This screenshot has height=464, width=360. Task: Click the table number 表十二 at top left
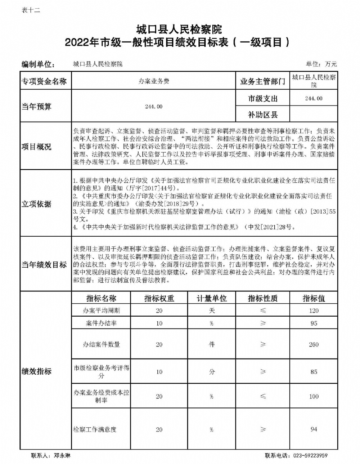tap(31, 10)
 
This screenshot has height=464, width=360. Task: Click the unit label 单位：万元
tap(321, 64)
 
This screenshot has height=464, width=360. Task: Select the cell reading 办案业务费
tap(154, 81)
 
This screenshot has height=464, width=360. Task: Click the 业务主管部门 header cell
tap(262, 82)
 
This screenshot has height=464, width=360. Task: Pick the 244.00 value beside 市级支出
tap(314, 98)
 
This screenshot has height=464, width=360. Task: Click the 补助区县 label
tap(262, 115)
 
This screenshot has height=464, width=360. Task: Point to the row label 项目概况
tap(37, 147)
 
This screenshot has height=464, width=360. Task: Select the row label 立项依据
tap(37, 204)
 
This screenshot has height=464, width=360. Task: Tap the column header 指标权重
tap(159, 298)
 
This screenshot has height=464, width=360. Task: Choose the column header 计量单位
tap(212, 298)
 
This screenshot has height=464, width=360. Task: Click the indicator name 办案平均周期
tap(101, 311)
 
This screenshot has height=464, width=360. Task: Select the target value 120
tap(314, 311)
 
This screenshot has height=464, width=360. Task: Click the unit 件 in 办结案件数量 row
tap(212, 344)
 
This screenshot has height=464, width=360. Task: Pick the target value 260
tap(314, 344)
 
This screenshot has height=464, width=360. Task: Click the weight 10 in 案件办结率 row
tap(159, 323)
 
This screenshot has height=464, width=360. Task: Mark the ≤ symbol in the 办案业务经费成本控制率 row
tap(263, 396)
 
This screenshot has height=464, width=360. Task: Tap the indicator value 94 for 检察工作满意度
tap(314, 429)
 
